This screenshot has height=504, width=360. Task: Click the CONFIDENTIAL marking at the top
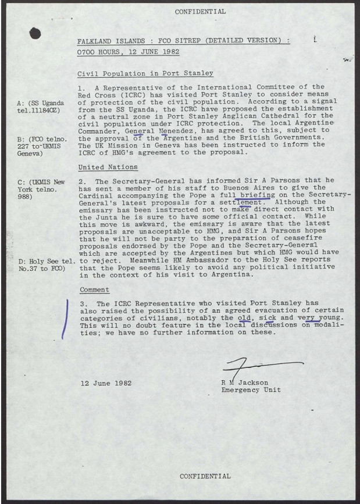200,12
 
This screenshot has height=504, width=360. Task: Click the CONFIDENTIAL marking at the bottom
205,476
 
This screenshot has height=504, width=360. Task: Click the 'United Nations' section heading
108,167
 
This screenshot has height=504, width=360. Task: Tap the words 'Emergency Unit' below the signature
251,390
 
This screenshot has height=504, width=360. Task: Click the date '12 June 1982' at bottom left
106,383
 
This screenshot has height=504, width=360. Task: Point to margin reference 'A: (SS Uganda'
41,103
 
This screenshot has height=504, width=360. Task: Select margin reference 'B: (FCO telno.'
42,140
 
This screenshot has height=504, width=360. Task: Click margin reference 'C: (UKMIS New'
41,182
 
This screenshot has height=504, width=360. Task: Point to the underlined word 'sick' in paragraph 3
270,319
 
